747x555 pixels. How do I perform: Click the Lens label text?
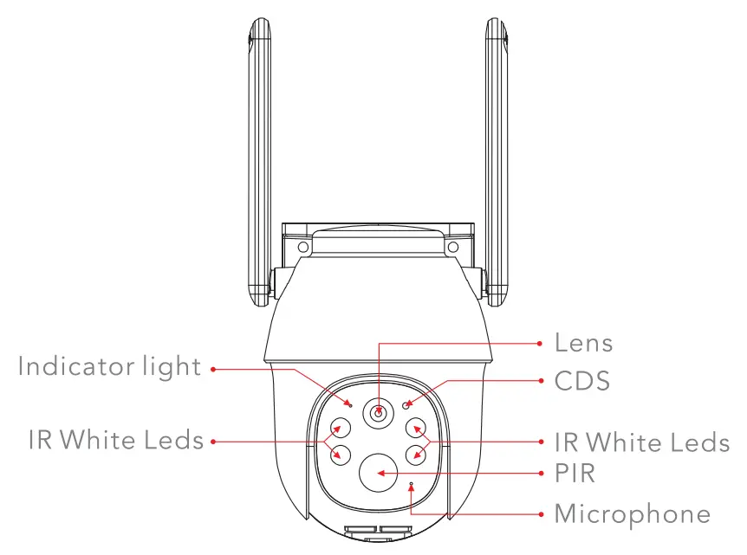coord(583,343)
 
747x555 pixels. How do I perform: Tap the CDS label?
coord(582,380)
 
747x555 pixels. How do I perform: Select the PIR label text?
coord(575,473)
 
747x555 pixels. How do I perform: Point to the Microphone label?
coord(632,513)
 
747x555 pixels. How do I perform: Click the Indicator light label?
coord(109,366)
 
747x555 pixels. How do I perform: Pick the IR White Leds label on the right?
coord(641,442)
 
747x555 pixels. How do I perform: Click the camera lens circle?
coord(379,414)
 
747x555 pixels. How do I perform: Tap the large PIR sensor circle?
coord(379,472)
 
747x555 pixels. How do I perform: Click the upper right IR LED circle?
coord(418,428)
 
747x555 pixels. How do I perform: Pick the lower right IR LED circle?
coord(418,454)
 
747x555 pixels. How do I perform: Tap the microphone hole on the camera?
coord(411,484)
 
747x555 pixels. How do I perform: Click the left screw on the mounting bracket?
coord(302,248)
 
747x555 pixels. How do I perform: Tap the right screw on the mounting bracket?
coord(452,248)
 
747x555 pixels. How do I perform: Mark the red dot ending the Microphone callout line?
coord(536,514)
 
